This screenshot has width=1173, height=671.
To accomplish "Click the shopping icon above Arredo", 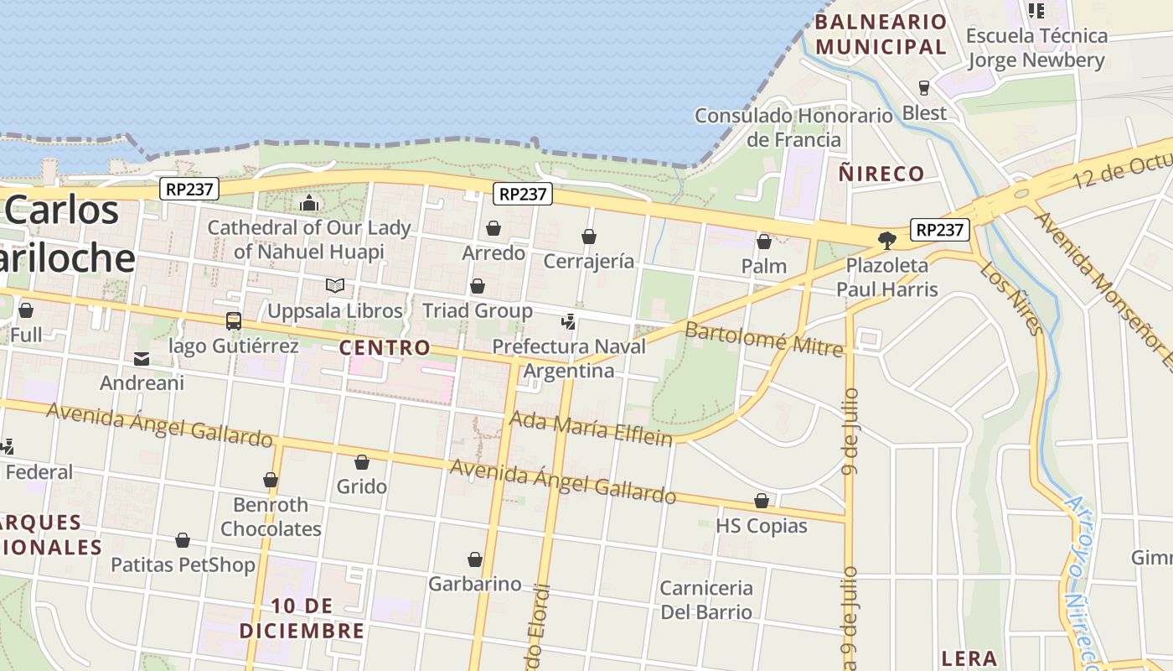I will click(493, 228).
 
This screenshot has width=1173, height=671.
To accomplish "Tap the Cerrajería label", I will click(589, 262).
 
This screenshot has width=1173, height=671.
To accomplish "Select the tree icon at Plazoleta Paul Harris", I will click(887, 241).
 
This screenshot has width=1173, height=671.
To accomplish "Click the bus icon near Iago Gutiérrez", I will click(234, 320).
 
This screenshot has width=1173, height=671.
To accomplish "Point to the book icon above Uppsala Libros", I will click(335, 286).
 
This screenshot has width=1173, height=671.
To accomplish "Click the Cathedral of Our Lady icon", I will click(309, 203).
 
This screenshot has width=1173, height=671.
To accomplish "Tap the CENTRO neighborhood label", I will click(385, 347).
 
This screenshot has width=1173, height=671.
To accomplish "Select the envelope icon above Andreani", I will click(141, 359).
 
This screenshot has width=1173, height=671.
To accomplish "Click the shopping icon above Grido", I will click(362, 462).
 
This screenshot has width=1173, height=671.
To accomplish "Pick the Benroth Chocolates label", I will click(271, 517).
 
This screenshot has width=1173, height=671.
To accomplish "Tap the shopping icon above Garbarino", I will click(475, 559).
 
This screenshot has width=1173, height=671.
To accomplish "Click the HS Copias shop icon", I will click(762, 502).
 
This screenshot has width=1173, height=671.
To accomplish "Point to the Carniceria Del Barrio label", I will click(706, 599).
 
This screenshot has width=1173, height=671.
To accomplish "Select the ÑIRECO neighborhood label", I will click(881, 174).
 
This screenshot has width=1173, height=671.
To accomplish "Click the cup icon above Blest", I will click(924, 88).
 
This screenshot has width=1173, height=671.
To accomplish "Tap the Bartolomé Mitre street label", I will click(763, 338).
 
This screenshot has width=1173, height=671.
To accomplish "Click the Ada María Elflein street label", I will click(591, 429).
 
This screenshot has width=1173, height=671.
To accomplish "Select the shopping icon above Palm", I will click(764, 242).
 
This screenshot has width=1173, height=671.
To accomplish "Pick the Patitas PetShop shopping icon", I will click(183, 540).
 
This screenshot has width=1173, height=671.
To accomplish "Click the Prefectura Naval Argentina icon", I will click(569, 321).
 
